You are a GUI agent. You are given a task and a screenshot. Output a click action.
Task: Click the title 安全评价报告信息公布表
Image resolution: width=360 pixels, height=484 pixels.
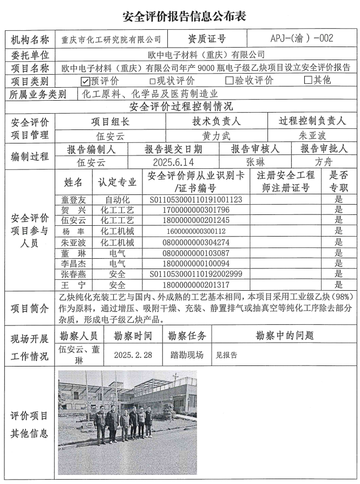[x=180, y=17]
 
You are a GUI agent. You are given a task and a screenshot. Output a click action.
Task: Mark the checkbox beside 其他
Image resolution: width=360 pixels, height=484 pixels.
[x=308, y=81]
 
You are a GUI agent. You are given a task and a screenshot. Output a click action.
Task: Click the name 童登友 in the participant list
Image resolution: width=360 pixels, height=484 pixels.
[x=73, y=200]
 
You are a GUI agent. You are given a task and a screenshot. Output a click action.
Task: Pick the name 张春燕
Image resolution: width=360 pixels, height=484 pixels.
[x=73, y=274]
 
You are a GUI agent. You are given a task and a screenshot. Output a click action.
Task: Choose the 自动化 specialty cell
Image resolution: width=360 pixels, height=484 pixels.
[x=117, y=200]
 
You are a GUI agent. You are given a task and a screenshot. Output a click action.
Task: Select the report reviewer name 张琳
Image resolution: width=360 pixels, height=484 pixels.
[x=255, y=162]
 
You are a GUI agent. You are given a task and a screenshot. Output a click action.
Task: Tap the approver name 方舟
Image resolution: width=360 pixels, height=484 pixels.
[x=324, y=162]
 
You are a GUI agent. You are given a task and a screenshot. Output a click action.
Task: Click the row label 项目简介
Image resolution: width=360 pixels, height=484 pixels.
[x=30, y=308]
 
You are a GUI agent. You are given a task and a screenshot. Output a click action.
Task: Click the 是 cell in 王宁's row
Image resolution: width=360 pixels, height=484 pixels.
[x=339, y=285]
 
